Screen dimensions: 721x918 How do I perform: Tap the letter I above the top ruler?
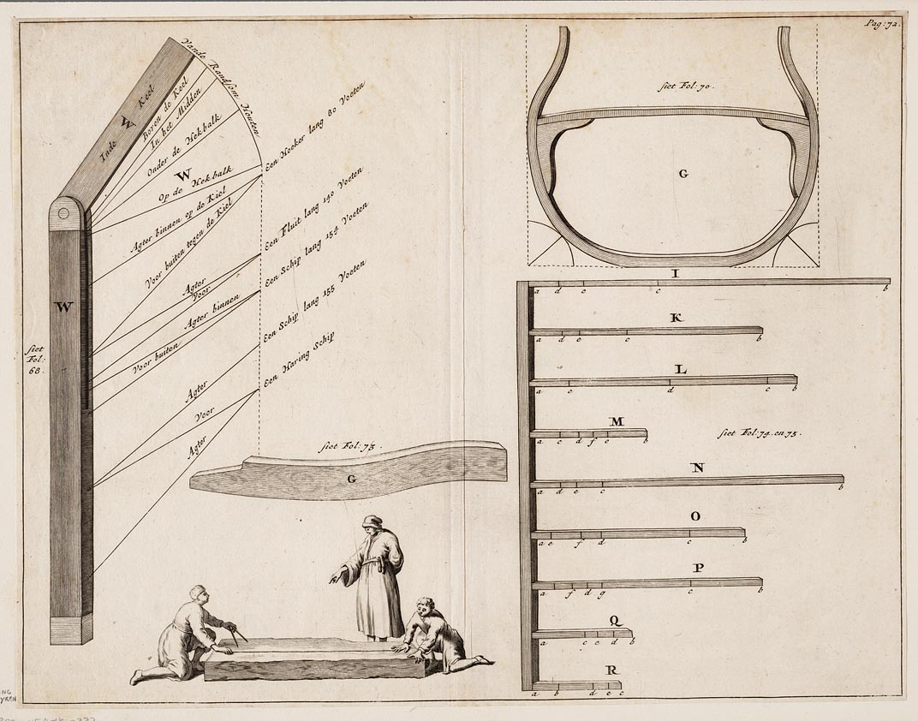coord(675,273)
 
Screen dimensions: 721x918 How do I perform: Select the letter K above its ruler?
coord(676,319)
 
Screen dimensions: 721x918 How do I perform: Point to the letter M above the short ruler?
coord(617,421)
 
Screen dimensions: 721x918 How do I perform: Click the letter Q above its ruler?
coord(615,621)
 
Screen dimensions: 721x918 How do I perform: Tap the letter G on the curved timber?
coord(352,480)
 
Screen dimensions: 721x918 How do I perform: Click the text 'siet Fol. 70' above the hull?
coord(683,86)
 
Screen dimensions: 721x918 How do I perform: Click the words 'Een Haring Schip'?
coord(298,361)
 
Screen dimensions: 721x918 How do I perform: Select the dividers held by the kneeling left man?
coord(237,633)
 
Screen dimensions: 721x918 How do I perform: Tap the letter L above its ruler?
coord(680,370)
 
